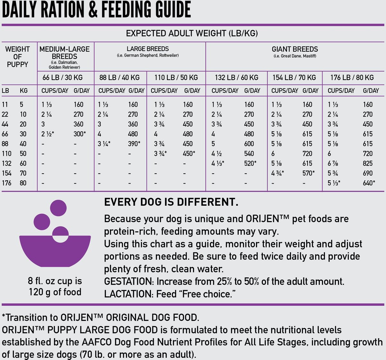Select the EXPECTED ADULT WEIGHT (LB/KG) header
pyautogui.click(x=192, y=33)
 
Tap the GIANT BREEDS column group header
pyautogui.click(x=295, y=49)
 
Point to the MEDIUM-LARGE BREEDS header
pyautogui.click(x=64, y=53)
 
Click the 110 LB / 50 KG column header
pyautogui.click(x=176, y=77)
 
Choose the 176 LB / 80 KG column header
pyautogui.click(x=352, y=77)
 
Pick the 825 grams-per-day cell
pyautogui.click(x=368, y=163)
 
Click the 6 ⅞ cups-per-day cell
pyautogui.click(x=333, y=163)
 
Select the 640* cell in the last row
pyautogui.click(x=369, y=183)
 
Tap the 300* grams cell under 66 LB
pyautogui.click(x=80, y=134)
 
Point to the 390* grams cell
pyautogui.click(x=134, y=144)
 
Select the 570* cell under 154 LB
pyautogui.click(x=308, y=173)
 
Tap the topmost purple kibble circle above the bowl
pyautogui.click(x=58, y=208)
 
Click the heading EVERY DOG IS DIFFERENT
pyautogui.click(x=171, y=202)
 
